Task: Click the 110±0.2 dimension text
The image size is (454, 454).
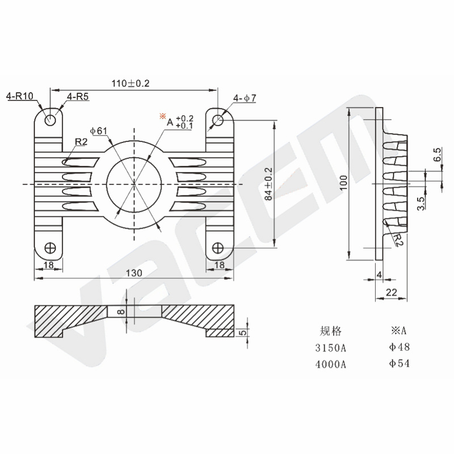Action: (131, 83)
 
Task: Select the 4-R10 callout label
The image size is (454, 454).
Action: (20, 96)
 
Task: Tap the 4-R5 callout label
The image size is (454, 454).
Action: (78, 96)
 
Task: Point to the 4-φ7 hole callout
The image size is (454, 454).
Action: (245, 98)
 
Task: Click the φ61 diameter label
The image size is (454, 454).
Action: (99, 131)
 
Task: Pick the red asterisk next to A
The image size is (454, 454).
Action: (163, 116)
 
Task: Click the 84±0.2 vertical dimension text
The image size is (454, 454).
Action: (268, 184)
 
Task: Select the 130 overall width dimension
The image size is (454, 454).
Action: (134, 273)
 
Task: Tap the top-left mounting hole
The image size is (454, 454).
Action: (50, 120)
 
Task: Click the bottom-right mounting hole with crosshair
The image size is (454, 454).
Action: (218, 248)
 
